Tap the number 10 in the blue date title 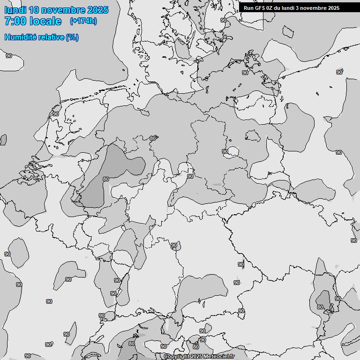point(35,10)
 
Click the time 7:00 point(15,21)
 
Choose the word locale point(45,21)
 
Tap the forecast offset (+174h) point(83,21)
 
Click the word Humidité point(20,37)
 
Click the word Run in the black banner point(248,8)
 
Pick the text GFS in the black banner point(260,8)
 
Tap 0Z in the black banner point(270,8)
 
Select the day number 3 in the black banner point(298,8)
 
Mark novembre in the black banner point(313,8)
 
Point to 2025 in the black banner point(333,8)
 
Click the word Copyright point(177,357)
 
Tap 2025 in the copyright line point(197,357)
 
